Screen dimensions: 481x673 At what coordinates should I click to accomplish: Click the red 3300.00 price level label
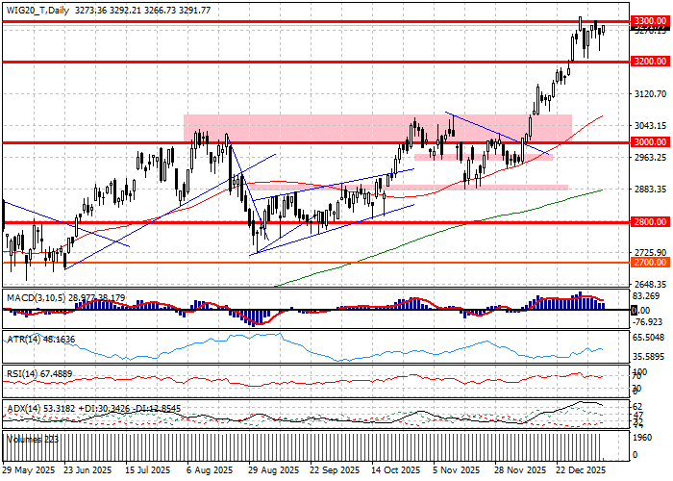click(x=650, y=20)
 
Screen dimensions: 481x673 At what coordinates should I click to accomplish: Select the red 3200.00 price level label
click(x=650, y=62)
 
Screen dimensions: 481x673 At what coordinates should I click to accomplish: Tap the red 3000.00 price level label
click(x=650, y=142)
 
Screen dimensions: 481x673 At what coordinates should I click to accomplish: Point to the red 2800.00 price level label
click(x=650, y=222)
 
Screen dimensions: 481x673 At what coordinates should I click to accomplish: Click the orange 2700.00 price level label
click(x=650, y=262)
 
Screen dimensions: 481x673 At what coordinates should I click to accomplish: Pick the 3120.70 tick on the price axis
click(x=650, y=94)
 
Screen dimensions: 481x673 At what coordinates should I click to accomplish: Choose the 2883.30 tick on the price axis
click(x=650, y=190)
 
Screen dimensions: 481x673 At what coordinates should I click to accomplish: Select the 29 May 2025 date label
click(x=29, y=470)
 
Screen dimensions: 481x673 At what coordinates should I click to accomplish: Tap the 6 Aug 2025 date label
click(x=211, y=470)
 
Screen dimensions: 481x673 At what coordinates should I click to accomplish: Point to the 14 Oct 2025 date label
click(x=395, y=470)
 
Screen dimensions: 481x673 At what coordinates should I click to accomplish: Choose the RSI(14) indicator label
click(x=23, y=372)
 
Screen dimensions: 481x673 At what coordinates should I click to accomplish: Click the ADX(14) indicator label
click(x=23, y=408)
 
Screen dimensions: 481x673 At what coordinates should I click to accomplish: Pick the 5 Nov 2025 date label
click(x=456, y=470)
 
